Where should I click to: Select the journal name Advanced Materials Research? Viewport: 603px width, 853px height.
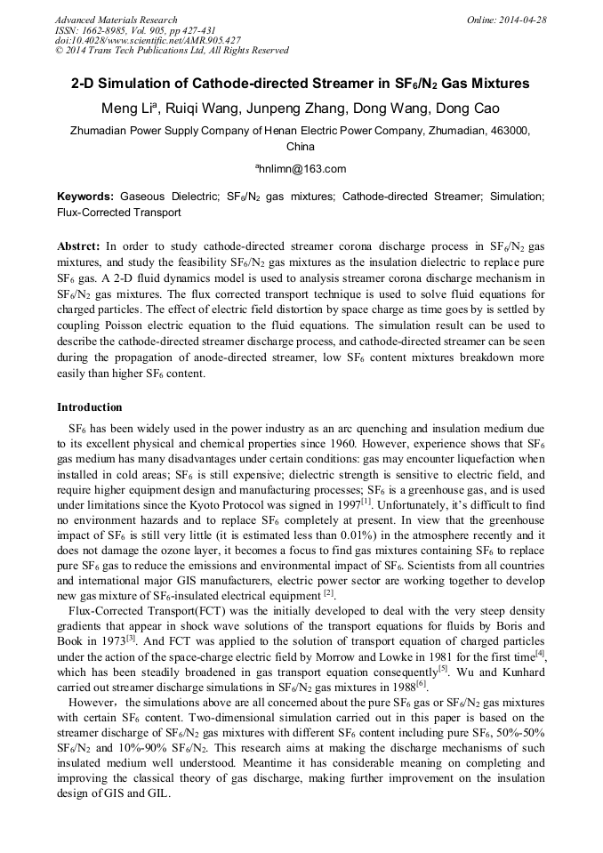coord(117,20)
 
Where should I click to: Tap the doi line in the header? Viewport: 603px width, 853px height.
coord(148,40)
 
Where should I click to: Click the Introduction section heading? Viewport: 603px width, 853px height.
coord(90,407)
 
